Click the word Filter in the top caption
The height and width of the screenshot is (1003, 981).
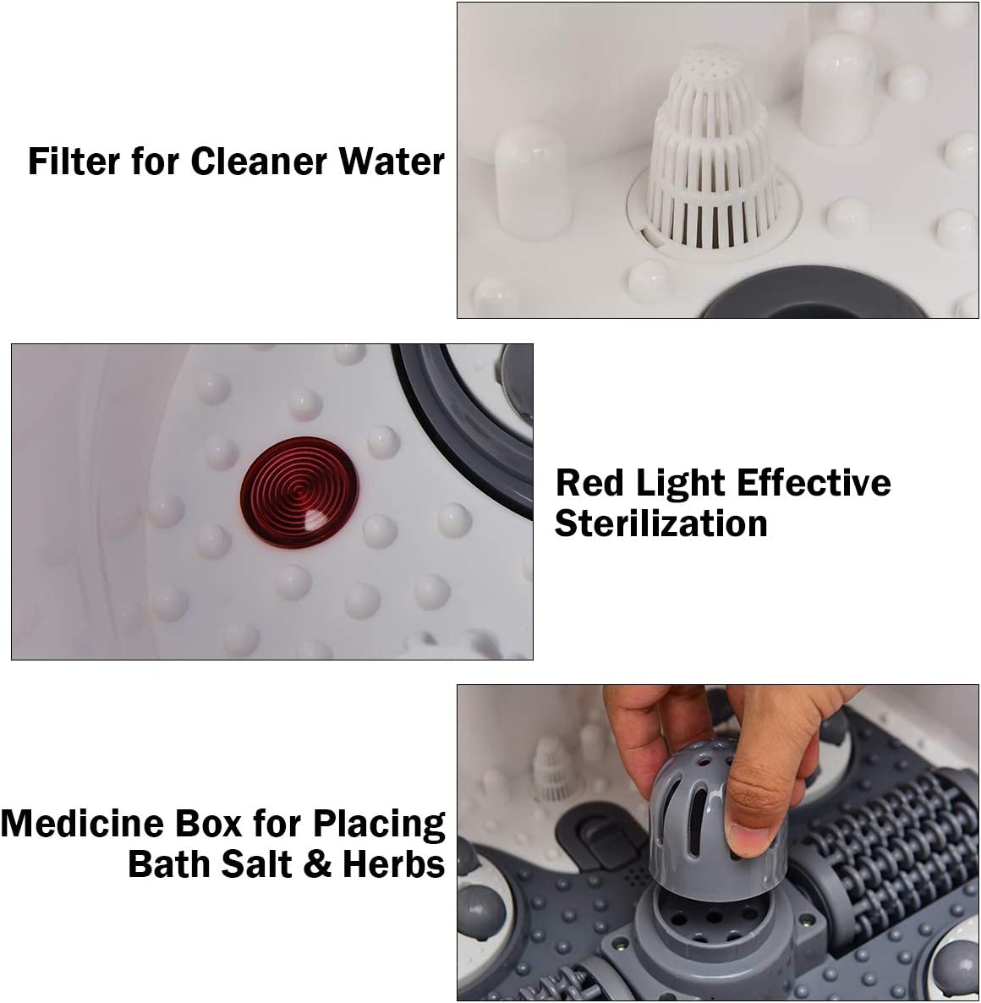[x=74, y=161]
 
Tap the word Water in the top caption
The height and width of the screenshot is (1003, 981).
[x=392, y=161]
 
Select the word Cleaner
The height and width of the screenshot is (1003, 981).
[x=260, y=161]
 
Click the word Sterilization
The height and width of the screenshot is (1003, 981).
[x=661, y=523]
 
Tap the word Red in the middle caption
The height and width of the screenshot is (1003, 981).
[x=589, y=482]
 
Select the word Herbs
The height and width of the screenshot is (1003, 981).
[x=394, y=864]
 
